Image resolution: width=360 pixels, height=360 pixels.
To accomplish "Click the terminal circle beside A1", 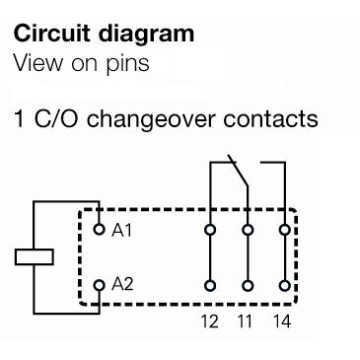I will click(x=100, y=230).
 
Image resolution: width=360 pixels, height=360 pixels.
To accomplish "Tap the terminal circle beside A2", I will click(x=100, y=285).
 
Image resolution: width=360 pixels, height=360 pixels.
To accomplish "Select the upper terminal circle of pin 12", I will click(x=210, y=231).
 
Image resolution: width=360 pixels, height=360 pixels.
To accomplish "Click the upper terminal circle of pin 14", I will click(x=284, y=231).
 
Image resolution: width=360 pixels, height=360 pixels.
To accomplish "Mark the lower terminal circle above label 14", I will click(x=284, y=286).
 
